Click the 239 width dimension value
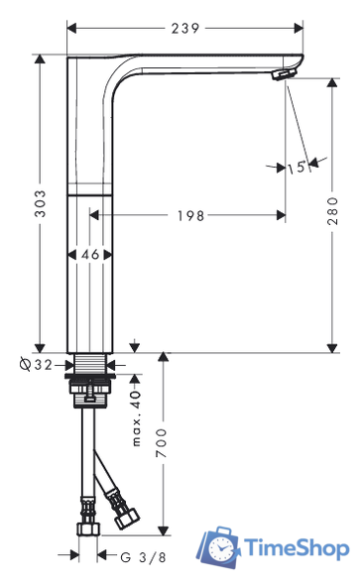coord(185,29)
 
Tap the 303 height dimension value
coord(40,203)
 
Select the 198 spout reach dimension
coord(190,215)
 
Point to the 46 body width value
coord(90,255)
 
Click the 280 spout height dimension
coord(332,211)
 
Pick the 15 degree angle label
coord(297,168)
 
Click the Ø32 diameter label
coord(36,365)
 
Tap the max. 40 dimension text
coord(137,418)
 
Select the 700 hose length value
coord(162,443)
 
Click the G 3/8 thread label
coord(143,557)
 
